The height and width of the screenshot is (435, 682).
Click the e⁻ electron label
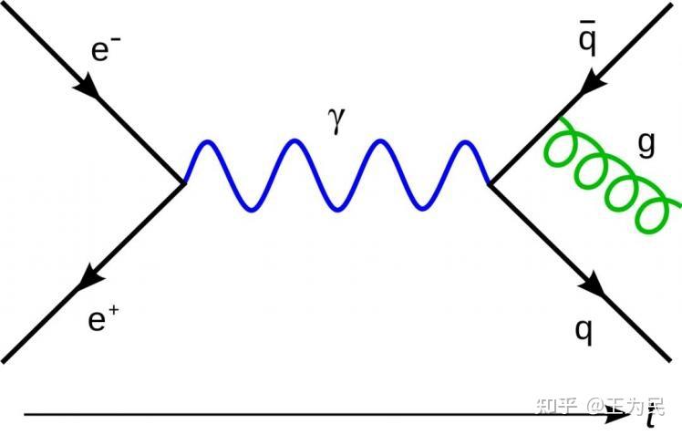click(105, 50)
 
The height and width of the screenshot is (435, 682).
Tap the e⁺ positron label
click(101, 321)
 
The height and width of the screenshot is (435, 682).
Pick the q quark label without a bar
click(584, 331)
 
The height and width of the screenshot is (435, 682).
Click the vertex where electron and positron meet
click(185, 183)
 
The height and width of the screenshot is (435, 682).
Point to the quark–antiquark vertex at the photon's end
click(491, 183)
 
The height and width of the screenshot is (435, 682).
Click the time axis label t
click(649, 419)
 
